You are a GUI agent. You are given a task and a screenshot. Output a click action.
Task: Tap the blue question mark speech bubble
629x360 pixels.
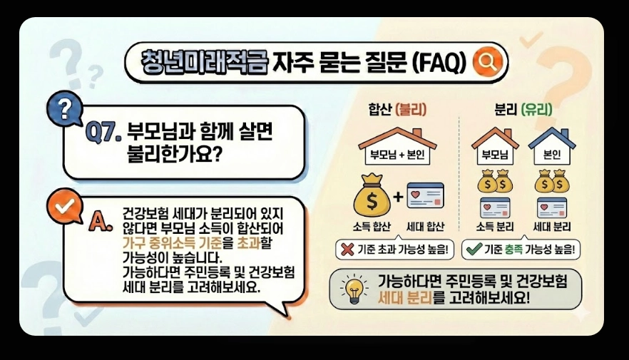pos(64,109)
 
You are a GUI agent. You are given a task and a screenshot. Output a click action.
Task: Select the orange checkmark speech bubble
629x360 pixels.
pos(63,206)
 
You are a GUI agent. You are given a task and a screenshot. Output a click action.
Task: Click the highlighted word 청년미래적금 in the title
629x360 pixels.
pos(204,61)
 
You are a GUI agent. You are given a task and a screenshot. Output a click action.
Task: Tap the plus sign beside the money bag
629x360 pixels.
pos(397,197)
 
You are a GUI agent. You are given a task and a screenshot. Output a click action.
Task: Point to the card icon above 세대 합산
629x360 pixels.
pos(425,196)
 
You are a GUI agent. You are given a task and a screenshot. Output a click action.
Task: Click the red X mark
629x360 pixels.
pos(346,250)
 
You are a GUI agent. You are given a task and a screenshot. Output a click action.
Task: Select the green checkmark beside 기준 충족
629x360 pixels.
pos(472,250)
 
